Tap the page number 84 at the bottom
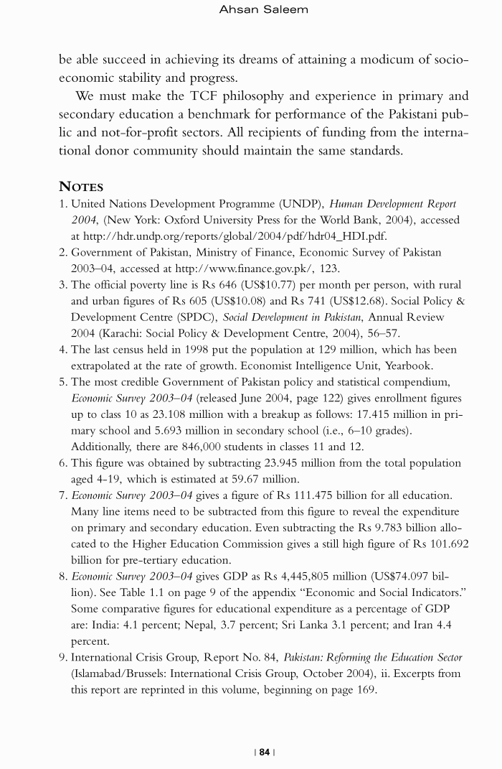[x=265, y=752]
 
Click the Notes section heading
[x=81, y=187]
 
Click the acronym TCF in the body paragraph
[x=192, y=96]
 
